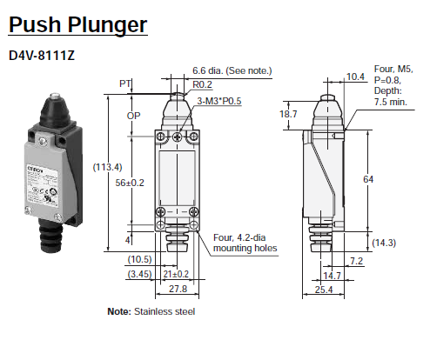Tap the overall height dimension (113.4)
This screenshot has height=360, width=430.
coord(110,167)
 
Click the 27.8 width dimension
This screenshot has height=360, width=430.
coord(178,288)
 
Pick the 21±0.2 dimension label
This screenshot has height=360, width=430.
coord(178,274)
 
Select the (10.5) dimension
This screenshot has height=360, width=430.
coord(140,259)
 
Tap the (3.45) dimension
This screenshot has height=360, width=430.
coord(140,274)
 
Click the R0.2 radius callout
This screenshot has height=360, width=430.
coord(204,85)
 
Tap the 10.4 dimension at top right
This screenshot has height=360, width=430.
coord(355,77)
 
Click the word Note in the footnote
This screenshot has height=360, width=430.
coord(118,311)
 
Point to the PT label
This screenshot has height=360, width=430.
coord(125,84)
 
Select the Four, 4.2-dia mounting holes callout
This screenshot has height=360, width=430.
coord(245,241)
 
